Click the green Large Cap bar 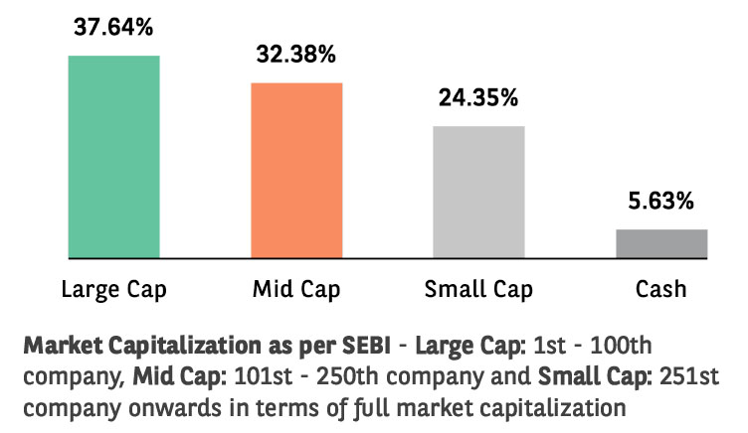pyautogui.click(x=113, y=157)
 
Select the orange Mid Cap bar pyautogui.click(x=296, y=170)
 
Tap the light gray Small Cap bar pyautogui.click(x=478, y=192)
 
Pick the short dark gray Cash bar pyautogui.click(x=661, y=243)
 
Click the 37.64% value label pyautogui.click(x=113, y=26)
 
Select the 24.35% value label pyautogui.click(x=478, y=97)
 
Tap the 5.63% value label pyautogui.click(x=661, y=202)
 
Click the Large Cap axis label pyautogui.click(x=113, y=290)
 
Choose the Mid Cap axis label pyautogui.click(x=296, y=290)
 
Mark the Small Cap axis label pyautogui.click(x=478, y=290)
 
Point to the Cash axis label pyautogui.click(x=661, y=290)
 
